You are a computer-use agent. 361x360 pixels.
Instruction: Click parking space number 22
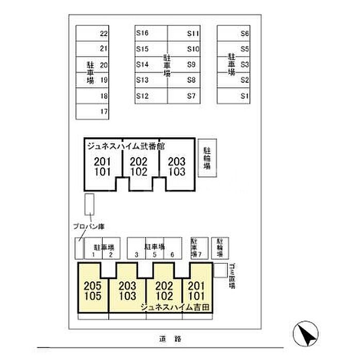coord(94,34)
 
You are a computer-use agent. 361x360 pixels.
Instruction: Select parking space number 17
coord(94,111)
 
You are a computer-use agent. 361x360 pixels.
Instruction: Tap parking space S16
coord(151,34)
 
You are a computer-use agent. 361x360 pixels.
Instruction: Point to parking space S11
coord(184,34)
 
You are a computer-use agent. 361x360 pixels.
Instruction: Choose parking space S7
coord(184,96)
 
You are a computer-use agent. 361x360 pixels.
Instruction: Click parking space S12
coord(151,96)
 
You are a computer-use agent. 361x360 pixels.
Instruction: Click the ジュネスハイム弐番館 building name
coord(125,145)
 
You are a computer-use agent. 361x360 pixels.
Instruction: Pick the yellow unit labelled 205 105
coord(93,291)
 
